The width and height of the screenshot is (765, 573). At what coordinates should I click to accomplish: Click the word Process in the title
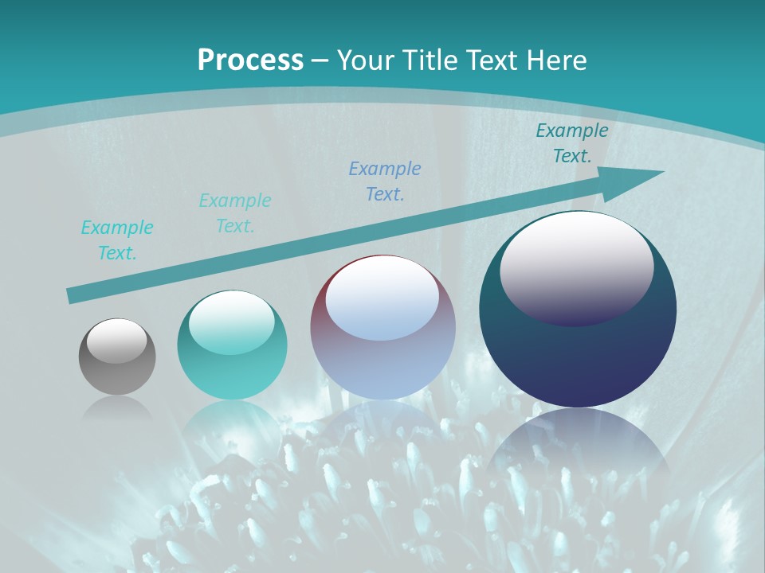tap(250, 60)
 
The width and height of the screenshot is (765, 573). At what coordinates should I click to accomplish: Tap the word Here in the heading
tap(558, 60)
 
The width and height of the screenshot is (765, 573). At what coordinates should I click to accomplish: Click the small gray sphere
tap(117, 357)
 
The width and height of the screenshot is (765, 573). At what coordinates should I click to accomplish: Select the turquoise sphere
tap(232, 345)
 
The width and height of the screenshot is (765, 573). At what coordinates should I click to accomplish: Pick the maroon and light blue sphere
tap(382, 327)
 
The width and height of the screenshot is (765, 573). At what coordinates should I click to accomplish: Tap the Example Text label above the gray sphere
tap(117, 240)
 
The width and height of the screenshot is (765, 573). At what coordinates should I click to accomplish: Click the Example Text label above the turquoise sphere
tap(235, 213)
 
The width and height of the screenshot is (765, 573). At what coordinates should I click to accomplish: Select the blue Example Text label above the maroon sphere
tap(385, 181)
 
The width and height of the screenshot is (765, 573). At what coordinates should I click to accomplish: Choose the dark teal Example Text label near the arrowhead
tap(572, 143)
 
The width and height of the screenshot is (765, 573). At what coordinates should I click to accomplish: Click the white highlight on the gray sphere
tap(116, 341)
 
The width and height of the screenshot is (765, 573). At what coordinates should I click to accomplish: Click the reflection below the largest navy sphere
tap(578, 446)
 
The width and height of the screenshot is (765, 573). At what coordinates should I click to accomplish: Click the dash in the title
tap(320, 60)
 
